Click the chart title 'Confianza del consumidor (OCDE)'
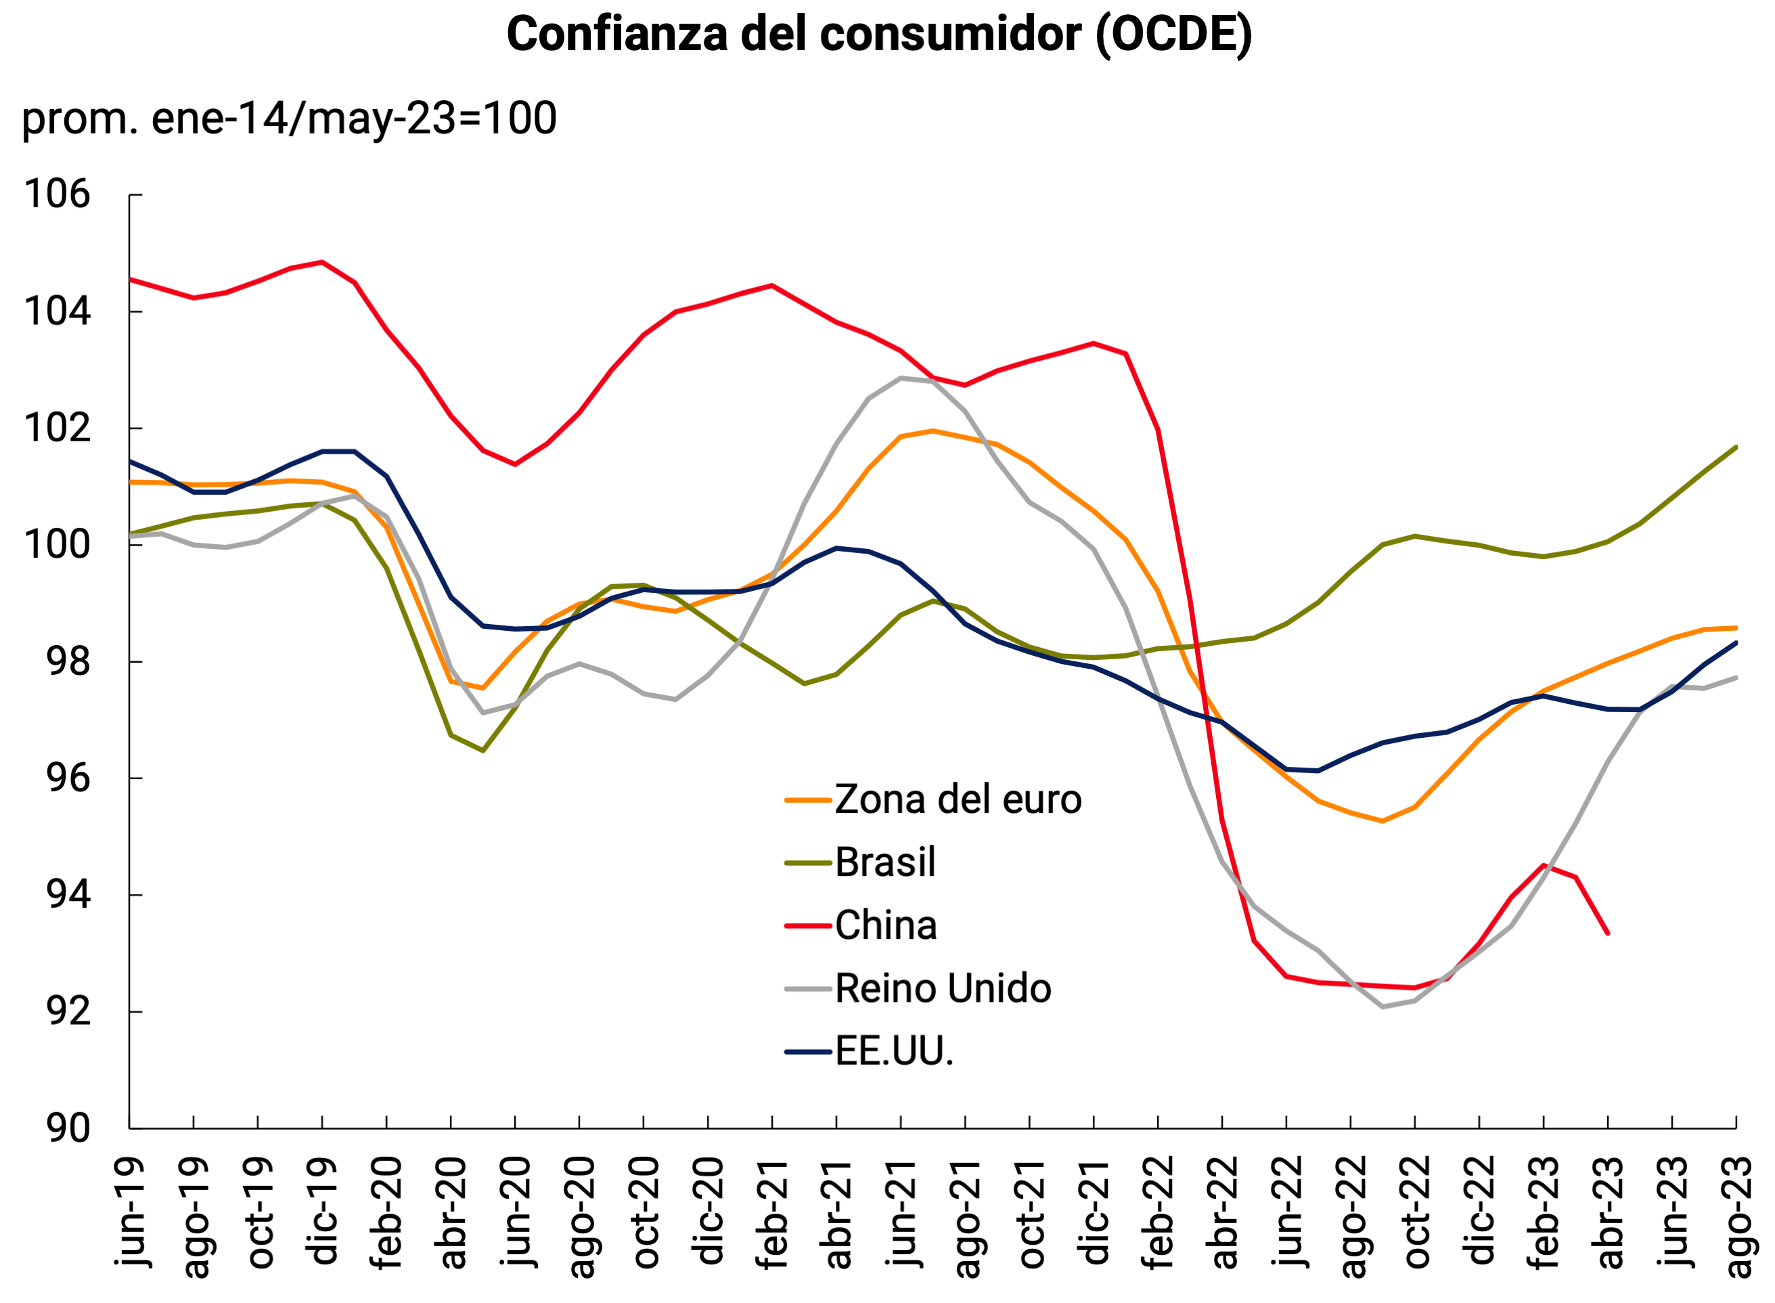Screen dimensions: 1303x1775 [x=878, y=35]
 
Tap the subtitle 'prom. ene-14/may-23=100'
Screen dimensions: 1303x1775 [x=288, y=118]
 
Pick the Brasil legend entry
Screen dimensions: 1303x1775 [x=884, y=862]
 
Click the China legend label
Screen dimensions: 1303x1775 [x=886, y=925]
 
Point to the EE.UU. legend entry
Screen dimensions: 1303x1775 [x=893, y=1051]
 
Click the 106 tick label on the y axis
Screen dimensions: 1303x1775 [x=58, y=194]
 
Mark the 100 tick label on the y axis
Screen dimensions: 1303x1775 [x=58, y=545]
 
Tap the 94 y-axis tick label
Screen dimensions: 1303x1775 [x=68, y=896]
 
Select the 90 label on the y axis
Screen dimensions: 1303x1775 [x=68, y=1128]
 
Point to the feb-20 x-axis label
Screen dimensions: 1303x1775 [x=386, y=1213]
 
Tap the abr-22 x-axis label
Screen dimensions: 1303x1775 [x=1222, y=1213]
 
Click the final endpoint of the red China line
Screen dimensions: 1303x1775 [x=1607, y=933]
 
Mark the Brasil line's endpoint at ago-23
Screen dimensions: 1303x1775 [x=1736, y=447]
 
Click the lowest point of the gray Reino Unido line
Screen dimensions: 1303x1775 [x=1383, y=1007]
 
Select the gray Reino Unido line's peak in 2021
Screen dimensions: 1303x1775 [x=901, y=378]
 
